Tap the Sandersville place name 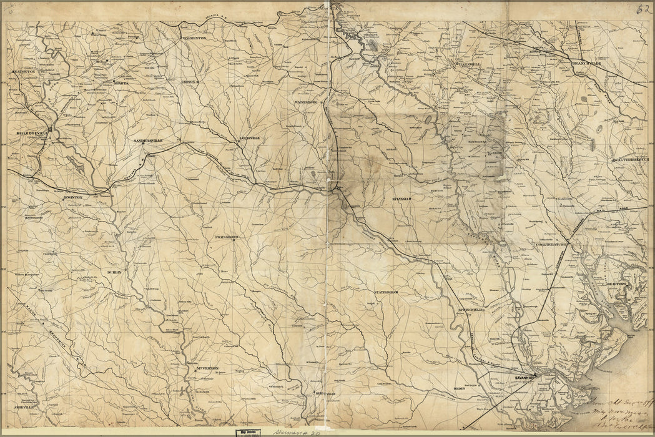point(148,141)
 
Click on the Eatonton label point(24,72)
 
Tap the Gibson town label point(189,82)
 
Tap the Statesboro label point(386,292)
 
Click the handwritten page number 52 point(643,8)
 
